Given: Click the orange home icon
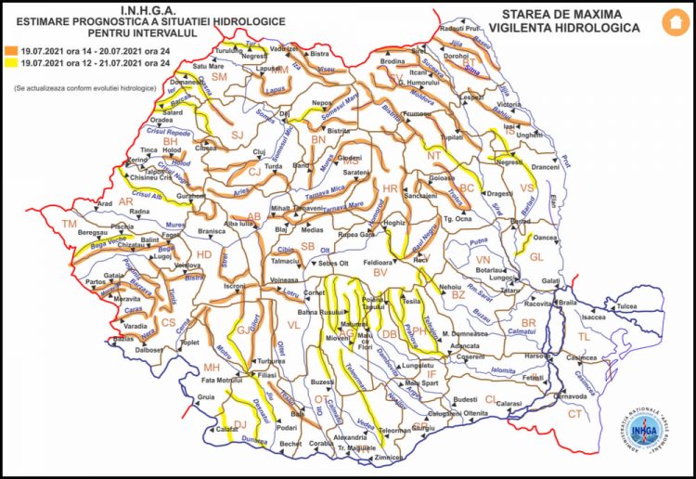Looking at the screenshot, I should pos(670,21).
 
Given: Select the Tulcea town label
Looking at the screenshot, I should pos(627,305).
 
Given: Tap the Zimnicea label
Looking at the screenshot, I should pos(387,458).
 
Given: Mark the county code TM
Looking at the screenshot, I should pos(69,225).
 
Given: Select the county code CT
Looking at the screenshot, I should pos(574,413).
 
